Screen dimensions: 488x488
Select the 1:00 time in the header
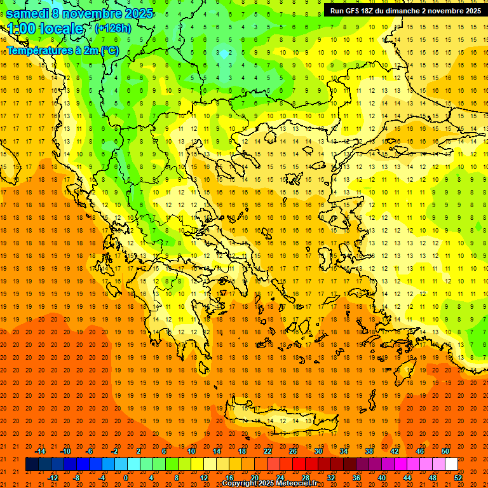pos(22,29)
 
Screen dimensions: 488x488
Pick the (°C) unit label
pos(108,50)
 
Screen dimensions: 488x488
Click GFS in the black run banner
pos(359,11)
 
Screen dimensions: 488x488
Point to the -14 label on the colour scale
pos(39,451)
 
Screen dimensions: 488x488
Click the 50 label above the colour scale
pos(445,451)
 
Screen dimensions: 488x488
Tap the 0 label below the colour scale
pos(126,478)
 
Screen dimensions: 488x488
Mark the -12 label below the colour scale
pos(52,478)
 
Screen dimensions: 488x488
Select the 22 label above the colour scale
pos(268,451)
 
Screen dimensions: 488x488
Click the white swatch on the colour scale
pos(451,464)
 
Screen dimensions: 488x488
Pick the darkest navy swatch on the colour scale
pos(32,464)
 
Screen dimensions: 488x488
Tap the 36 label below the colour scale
pos(356,478)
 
